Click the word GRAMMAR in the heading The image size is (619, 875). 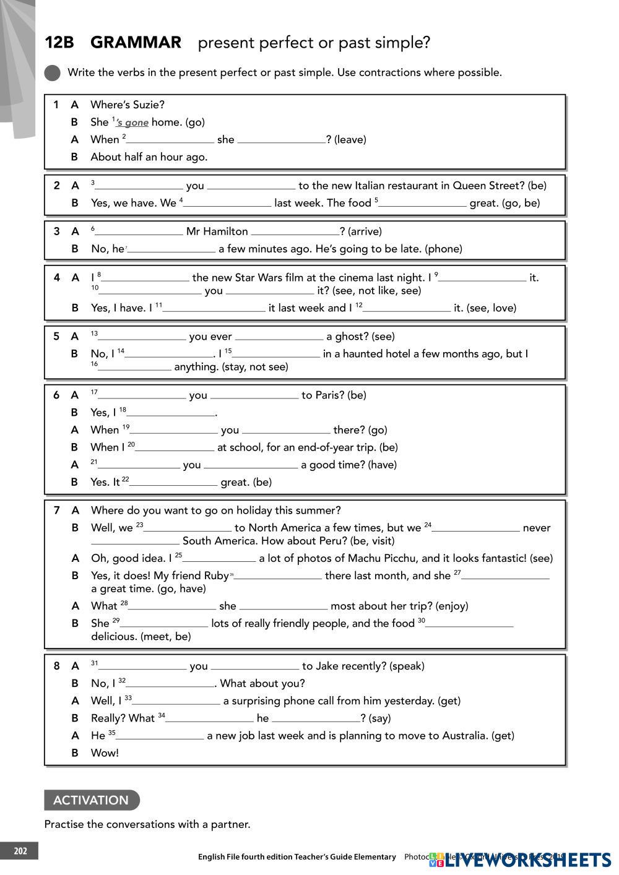coord(136,43)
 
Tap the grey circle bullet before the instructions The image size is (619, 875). coord(53,73)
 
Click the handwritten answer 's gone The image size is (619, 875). coord(132,123)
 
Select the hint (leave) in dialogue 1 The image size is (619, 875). coord(350,140)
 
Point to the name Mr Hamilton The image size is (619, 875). coord(217,231)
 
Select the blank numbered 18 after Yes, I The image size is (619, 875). coord(170,413)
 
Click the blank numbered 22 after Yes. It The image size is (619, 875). coord(173,483)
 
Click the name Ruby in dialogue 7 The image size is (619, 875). coord(216,576)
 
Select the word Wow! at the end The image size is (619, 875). coord(105,753)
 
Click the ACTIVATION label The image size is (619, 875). coord(91,800)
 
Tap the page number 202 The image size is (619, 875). coord(19,851)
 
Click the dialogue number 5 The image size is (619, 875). coord(56,337)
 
